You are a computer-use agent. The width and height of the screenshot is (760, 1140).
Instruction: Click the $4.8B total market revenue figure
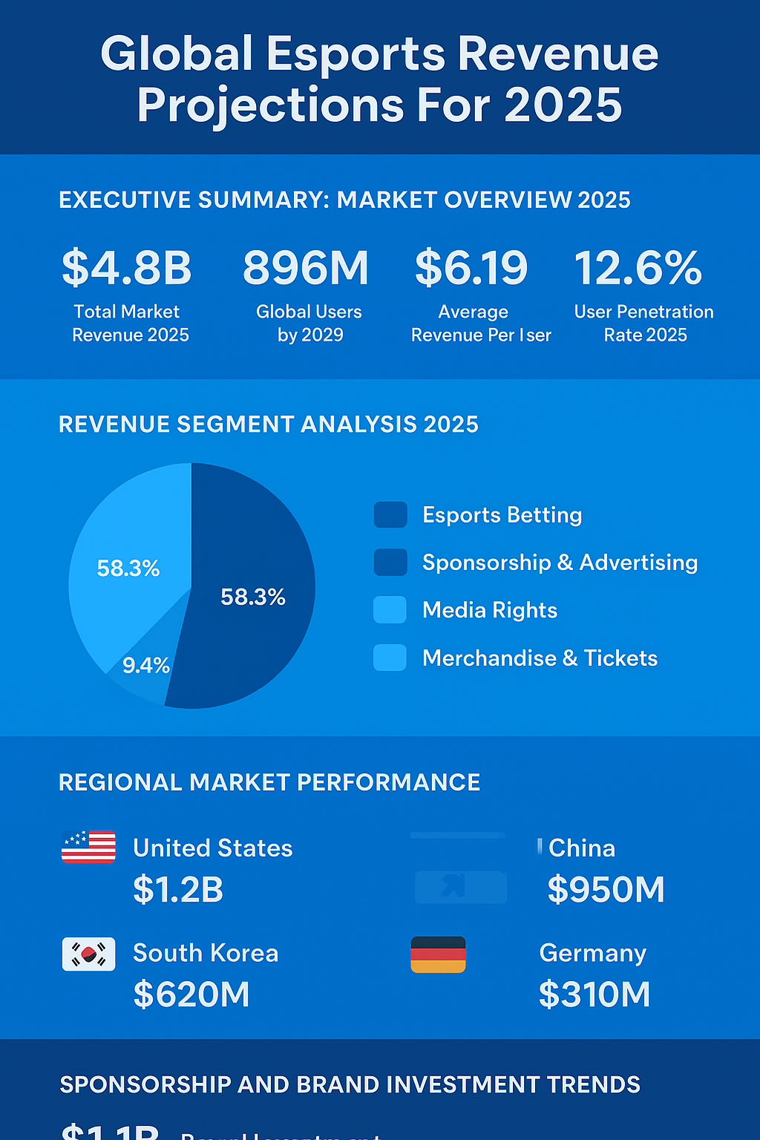click(127, 268)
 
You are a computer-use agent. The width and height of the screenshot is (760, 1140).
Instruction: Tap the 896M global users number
click(306, 268)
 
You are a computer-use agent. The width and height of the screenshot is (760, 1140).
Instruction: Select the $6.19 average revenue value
click(471, 268)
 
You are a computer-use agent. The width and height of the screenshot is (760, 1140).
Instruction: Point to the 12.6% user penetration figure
click(638, 268)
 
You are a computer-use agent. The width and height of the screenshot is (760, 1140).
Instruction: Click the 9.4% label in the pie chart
click(146, 666)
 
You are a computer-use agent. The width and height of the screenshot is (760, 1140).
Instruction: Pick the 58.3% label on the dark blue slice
click(253, 597)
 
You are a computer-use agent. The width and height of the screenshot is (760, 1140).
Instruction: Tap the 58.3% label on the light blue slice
click(128, 569)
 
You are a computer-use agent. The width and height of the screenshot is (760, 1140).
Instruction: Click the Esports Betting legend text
click(502, 515)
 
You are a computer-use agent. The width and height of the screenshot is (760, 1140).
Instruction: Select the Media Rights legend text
click(490, 610)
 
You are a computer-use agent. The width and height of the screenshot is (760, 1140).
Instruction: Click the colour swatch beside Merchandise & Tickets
click(390, 658)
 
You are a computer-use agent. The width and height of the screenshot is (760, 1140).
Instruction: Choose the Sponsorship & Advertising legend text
click(560, 563)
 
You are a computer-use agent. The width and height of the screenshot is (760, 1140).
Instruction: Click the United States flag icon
click(88, 847)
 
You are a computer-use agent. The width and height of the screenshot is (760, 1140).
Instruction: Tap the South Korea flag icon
click(88, 954)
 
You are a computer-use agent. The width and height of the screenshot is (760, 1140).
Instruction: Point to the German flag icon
click(438, 954)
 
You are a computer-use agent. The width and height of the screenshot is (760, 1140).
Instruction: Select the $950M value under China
click(606, 890)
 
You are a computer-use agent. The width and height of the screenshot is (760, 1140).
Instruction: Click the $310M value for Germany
click(594, 995)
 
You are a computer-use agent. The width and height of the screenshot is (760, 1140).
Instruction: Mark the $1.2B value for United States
click(178, 890)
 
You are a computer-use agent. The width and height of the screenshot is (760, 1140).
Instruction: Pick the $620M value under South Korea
click(191, 995)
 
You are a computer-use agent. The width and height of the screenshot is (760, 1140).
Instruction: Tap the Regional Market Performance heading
click(269, 782)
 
